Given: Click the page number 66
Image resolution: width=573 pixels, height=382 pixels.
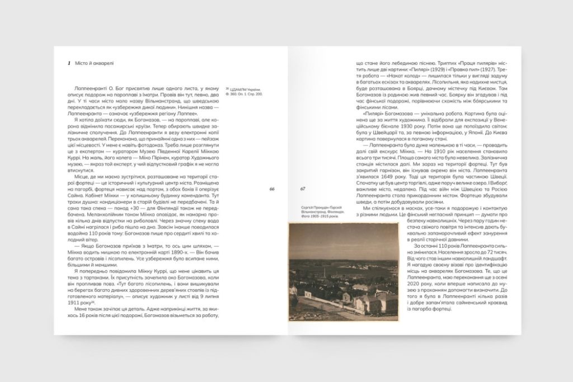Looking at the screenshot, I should point(272,189).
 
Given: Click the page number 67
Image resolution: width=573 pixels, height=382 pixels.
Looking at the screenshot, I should point(303,189).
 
